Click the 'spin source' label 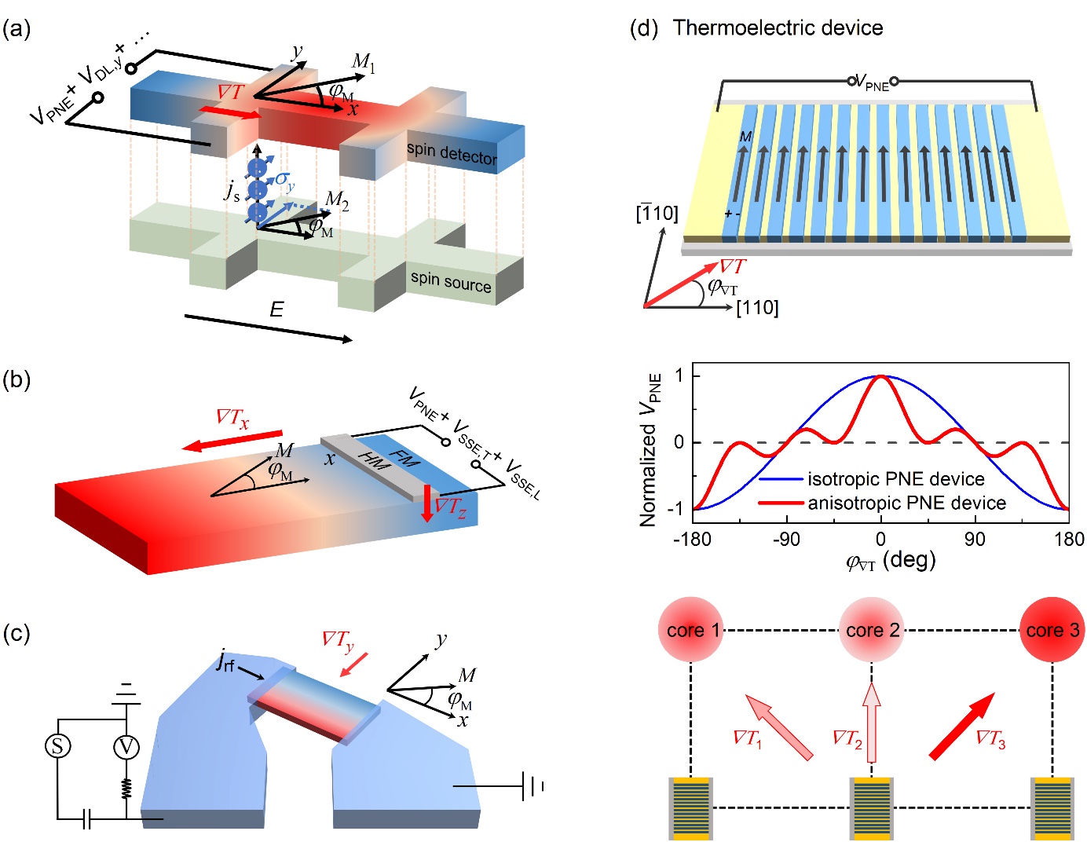point(451,281)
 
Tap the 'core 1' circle point(691,630)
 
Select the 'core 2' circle point(872,630)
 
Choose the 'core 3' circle point(1052,630)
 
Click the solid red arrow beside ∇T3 point(961,727)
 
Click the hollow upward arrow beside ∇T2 point(871,722)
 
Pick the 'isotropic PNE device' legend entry point(895,479)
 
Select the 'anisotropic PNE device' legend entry point(906,503)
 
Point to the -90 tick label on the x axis point(786,540)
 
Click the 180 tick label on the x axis point(1069,540)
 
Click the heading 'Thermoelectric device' point(778,28)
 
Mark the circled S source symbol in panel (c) point(57,745)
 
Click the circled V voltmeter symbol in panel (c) point(126,746)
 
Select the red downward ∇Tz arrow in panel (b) point(427,503)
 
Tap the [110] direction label point(757,308)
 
